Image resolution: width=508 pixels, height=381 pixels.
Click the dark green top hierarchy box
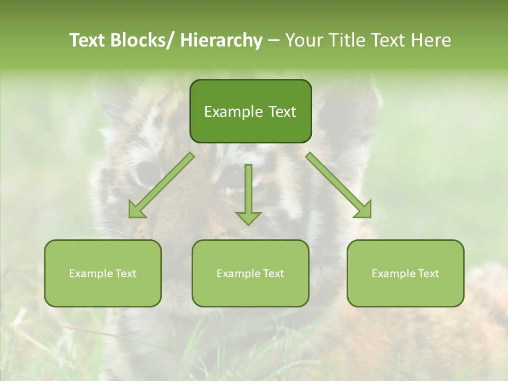click(x=250, y=111)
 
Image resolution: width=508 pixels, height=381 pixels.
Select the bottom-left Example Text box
click(x=103, y=274)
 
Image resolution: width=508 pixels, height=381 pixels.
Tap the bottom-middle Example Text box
click(x=250, y=274)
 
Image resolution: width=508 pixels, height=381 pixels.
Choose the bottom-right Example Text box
click(x=405, y=274)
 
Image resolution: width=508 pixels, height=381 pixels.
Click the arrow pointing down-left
click(x=161, y=185)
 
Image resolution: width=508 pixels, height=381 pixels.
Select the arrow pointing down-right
click(x=339, y=185)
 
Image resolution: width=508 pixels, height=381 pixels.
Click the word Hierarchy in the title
click(x=221, y=40)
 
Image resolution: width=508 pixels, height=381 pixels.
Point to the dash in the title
click(x=274, y=41)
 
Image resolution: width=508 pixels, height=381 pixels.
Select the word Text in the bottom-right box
click(x=428, y=274)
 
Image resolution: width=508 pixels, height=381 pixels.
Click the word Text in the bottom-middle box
click(x=273, y=274)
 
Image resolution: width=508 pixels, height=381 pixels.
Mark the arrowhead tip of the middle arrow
click(x=248, y=224)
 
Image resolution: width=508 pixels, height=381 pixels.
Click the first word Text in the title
click(x=88, y=40)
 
